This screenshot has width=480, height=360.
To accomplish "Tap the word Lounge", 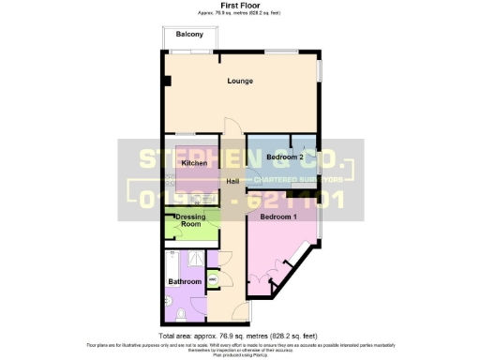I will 241,81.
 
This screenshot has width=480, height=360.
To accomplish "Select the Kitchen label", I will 194,163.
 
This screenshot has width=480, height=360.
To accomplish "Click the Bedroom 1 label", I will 277,217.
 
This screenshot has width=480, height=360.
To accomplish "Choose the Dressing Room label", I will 191,221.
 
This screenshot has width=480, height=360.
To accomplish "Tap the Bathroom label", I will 185,281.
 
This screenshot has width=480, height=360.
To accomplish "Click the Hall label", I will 232,180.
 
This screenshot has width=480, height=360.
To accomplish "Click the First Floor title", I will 239,6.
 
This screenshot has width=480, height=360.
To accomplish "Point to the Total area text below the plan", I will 239,335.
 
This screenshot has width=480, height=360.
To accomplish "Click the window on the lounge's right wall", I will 320,71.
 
